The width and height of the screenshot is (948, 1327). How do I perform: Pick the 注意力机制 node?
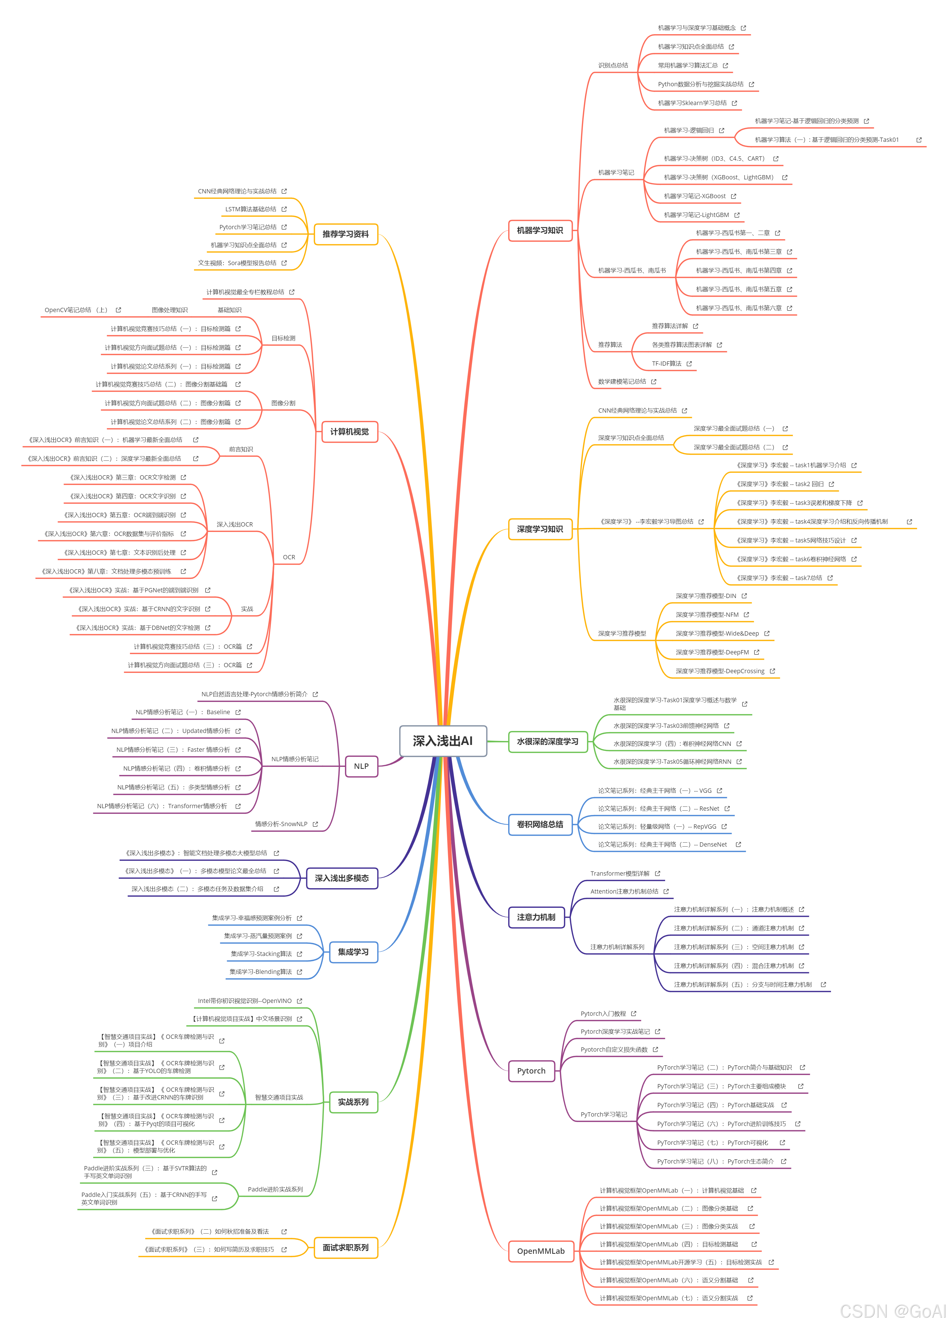pyautogui.click(x=536, y=917)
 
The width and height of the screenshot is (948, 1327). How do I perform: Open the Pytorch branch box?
pyautogui.click(x=531, y=1071)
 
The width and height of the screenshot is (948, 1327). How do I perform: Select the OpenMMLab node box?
pyautogui.click(x=541, y=1251)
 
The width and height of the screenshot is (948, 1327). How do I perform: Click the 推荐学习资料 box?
pyautogui.click(x=346, y=234)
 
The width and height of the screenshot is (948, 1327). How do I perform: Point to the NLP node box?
pyautogui.click(x=361, y=766)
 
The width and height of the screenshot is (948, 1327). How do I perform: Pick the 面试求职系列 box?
pyautogui.click(x=346, y=1248)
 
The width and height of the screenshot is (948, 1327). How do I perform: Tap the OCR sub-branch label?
pyautogui.click(x=289, y=557)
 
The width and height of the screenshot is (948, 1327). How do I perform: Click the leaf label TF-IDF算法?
pyautogui.click(x=667, y=364)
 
